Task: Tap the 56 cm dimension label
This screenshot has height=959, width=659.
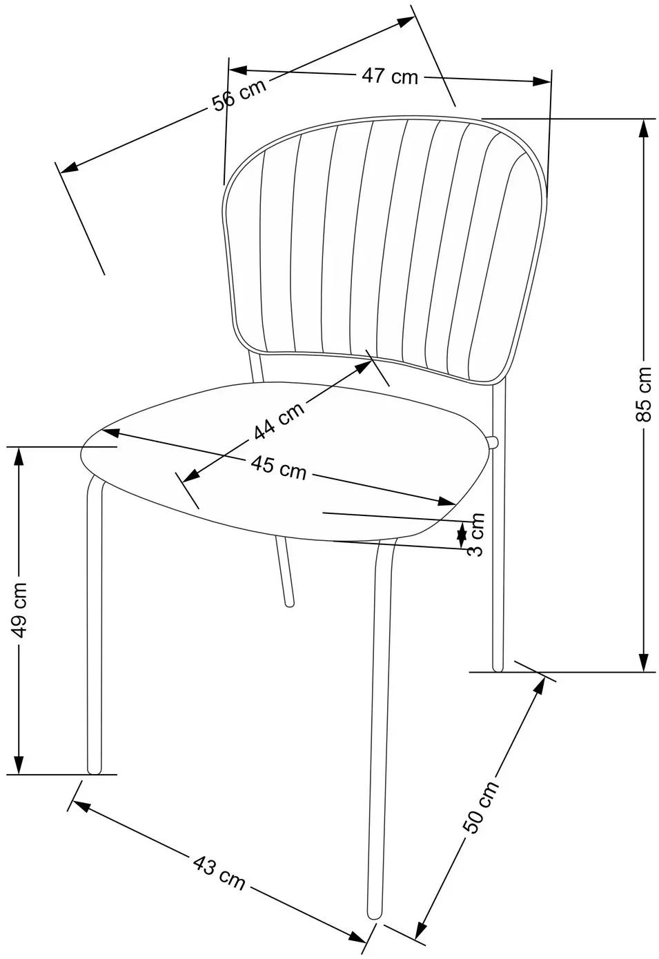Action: [239, 95]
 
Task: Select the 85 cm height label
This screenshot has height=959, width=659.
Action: [644, 395]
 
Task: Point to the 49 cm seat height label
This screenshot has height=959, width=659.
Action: [20, 610]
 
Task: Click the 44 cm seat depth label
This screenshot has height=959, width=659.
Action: [279, 419]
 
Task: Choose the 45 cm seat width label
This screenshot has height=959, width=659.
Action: [279, 467]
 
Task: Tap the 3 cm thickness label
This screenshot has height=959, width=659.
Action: [475, 534]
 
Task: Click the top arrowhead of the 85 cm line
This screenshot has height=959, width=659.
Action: [644, 127]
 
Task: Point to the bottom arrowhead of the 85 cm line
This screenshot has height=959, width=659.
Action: [644, 663]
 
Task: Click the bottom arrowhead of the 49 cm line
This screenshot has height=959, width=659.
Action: [19, 766]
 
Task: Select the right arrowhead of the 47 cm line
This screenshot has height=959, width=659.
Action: [541, 81]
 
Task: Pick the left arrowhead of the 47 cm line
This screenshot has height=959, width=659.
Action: [239, 70]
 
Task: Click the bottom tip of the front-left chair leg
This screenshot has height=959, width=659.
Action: [95, 772]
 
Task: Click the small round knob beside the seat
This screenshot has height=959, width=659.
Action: [493, 442]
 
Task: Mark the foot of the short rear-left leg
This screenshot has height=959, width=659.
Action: [290, 604]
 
